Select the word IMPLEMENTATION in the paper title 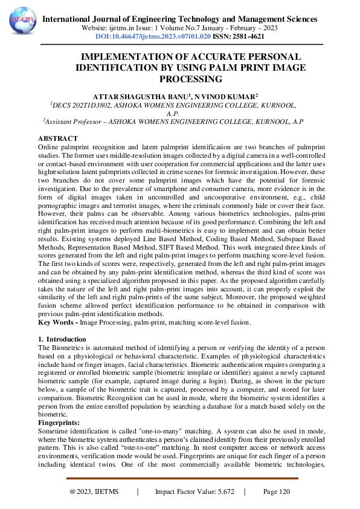pos(123,57)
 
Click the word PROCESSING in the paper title pos(191,79)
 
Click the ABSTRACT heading pos(58,139)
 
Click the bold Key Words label pos(57,323)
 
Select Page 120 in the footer pos(276,492)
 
